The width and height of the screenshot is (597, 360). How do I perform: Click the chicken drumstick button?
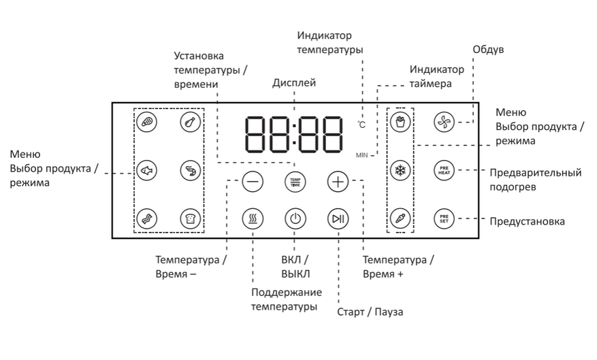(x=189, y=122)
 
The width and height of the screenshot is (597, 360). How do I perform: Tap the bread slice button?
(x=189, y=218)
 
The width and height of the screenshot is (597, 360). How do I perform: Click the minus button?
(x=252, y=182)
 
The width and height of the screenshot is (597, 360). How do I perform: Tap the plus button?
(x=338, y=182)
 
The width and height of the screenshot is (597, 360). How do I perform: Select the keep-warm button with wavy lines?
(x=252, y=219)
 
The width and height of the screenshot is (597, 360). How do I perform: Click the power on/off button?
(x=295, y=219)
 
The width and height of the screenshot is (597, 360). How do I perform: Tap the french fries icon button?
(x=400, y=122)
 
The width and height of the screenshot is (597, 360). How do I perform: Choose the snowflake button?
(x=400, y=169)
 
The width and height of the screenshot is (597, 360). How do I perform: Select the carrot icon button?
(x=400, y=218)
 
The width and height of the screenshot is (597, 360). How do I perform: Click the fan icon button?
(x=443, y=122)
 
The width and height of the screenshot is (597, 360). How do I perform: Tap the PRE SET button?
(x=443, y=218)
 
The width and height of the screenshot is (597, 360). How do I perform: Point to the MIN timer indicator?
(x=361, y=156)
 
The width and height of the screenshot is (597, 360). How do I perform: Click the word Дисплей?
(x=294, y=83)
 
